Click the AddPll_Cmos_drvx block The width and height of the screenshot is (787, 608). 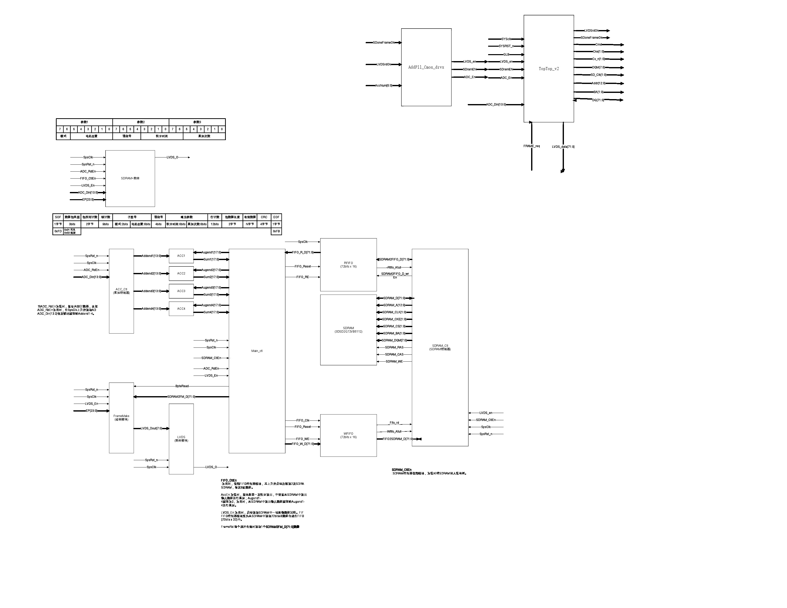[426, 67]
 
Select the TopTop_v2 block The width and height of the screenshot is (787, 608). [549, 69]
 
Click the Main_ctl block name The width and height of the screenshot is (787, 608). [257, 351]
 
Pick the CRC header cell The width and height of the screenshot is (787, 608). [264, 217]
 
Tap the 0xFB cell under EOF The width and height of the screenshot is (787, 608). [276, 231]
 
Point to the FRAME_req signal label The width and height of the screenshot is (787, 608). [532, 146]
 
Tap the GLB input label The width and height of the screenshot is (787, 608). [506, 54]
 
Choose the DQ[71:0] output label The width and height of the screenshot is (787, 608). [598, 100]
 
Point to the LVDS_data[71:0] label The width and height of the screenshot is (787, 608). [563, 147]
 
